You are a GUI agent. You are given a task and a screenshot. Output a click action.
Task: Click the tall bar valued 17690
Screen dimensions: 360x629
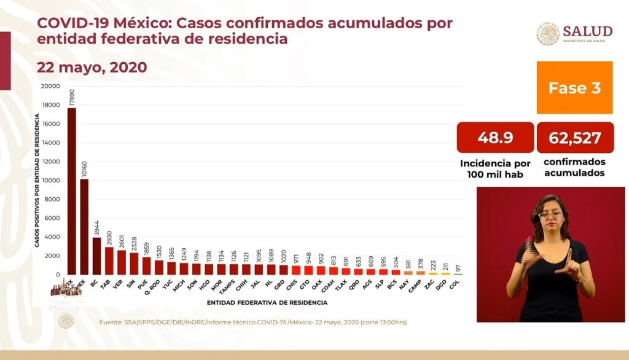[x=72, y=190]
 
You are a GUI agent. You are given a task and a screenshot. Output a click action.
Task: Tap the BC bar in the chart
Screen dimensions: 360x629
[x=96, y=256]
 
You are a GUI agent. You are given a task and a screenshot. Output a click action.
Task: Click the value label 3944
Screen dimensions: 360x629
[x=96, y=226]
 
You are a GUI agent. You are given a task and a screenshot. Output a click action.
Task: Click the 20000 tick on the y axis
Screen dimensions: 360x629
[x=50, y=86]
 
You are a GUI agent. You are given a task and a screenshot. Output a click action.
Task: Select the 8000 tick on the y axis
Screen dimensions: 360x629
[x=52, y=199]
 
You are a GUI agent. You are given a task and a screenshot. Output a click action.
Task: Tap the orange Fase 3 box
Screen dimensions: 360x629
[x=574, y=87]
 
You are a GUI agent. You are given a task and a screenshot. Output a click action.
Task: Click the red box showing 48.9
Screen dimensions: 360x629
[x=495, y=138]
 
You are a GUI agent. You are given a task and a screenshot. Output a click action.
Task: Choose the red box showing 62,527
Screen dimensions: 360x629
[x=575, y=138]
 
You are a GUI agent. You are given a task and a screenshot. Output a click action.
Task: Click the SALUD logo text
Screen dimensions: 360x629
[x=587, y=31]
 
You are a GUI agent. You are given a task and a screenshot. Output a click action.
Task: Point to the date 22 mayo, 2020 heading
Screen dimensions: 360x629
[x=92, y=67]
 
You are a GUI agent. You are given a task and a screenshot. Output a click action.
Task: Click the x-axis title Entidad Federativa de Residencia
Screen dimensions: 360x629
[x=267, y=302]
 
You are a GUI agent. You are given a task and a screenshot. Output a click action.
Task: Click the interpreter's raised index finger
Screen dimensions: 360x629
[x=569, y=254]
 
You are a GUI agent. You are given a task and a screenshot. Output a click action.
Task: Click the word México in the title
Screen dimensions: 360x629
[x=144, y=23]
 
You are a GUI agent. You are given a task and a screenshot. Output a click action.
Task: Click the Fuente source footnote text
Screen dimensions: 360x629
[x=252, y=322]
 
